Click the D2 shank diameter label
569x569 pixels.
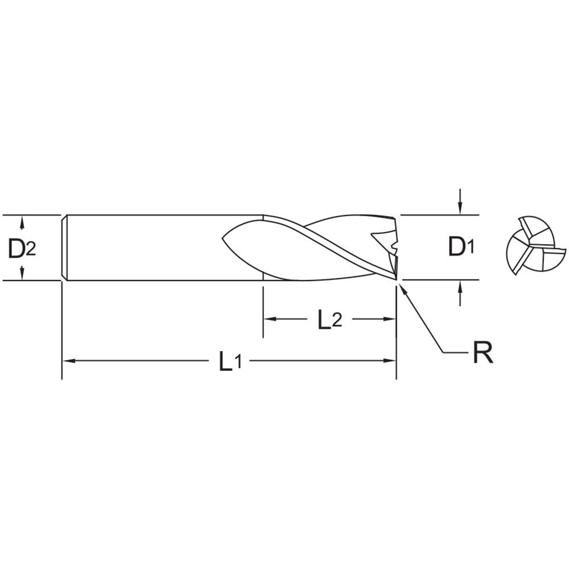[x=22, y=248]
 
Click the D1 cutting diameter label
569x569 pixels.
[x=460, y=247]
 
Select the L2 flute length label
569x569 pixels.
[x=330, y=320]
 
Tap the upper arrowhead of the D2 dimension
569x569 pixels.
[x=22, y=220]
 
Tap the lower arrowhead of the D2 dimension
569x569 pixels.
[x=22, y=275]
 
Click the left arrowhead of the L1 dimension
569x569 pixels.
[x=67, y=361]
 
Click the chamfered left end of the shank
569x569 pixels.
[x=64, y=248]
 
